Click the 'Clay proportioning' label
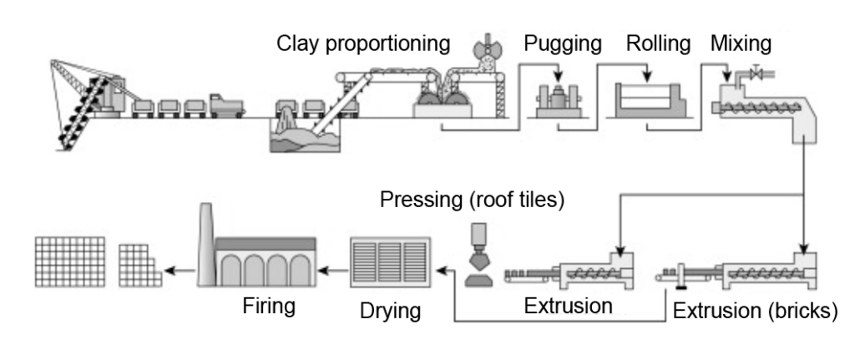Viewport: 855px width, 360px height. [363, 43]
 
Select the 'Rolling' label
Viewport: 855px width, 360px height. [658, 43]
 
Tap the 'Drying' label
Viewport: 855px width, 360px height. [389, 312]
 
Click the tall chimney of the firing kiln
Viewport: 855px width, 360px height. [205, 242]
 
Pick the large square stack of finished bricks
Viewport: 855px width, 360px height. [70, 261]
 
